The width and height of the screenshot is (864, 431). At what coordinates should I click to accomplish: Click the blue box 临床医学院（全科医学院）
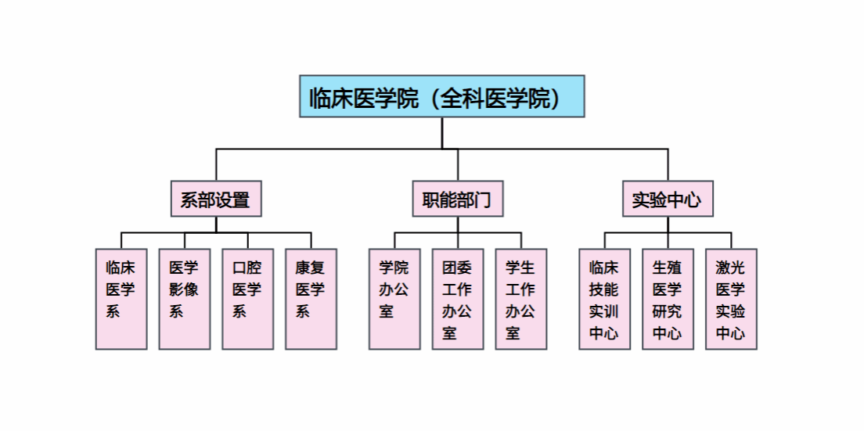tap(442, 96)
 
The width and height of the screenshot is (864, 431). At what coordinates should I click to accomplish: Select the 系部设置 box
tap(216, 199)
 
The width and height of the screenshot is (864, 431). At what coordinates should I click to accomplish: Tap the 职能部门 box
tap(458, 199)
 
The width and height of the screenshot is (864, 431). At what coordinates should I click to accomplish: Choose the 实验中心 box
tap(668, 199)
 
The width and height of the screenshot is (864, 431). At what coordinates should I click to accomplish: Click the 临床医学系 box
tap(121, 299)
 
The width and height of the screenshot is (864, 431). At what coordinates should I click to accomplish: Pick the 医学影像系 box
tap(185, 299)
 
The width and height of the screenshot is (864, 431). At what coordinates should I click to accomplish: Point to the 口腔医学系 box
tap(248, 299)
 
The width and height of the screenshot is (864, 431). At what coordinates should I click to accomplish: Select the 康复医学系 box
tap(311, 299)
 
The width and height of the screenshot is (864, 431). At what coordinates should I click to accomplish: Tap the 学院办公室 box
tap(394, 299)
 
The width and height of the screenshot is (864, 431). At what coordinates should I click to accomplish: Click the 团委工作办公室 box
tap(458, 299)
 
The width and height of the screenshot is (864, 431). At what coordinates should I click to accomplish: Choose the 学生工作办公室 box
tap(521, 299)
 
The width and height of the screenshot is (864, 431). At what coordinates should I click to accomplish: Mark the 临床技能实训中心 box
tap(604, 299)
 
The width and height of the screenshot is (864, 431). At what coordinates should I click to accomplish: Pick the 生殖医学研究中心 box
tap(668, 299)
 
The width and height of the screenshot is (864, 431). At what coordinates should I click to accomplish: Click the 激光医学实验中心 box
tap(731, 299)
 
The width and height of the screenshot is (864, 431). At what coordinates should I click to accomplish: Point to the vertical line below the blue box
tap(442, 133)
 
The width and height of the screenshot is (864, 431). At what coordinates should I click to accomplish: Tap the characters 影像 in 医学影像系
tap(184, 289)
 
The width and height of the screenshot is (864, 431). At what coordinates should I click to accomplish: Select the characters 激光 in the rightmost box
tap(731, 268)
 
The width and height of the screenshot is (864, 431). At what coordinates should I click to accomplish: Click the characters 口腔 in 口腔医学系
tap(247, 268)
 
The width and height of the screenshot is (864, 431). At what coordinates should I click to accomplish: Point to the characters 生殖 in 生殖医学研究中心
tap(668, 268)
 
